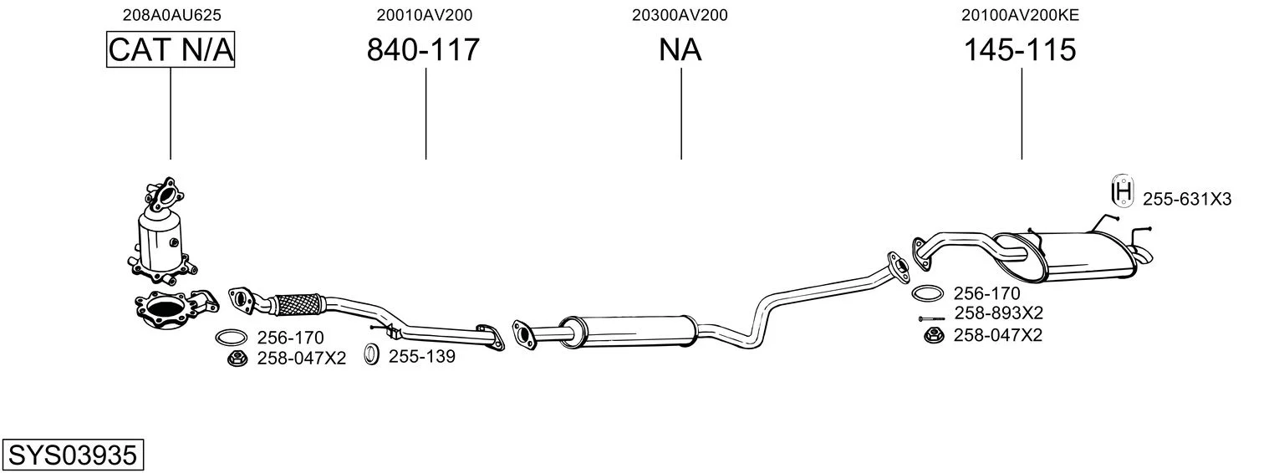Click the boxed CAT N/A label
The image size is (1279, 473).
(x=171, y=49)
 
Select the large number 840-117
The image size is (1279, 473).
(x=423, y=49)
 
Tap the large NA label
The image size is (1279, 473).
(x=680, y=49)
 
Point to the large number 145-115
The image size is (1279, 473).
(x=1021, y=49)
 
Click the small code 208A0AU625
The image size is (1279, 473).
(x=172, y=15)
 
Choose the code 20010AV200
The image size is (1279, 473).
(x=424, y=15)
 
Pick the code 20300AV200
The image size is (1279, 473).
(x=680, y=15)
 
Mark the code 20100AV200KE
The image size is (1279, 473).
(x=1021, y=15)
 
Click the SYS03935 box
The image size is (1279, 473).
(x=73, y=455)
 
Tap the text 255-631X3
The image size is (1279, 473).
(x=1187, y=199)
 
